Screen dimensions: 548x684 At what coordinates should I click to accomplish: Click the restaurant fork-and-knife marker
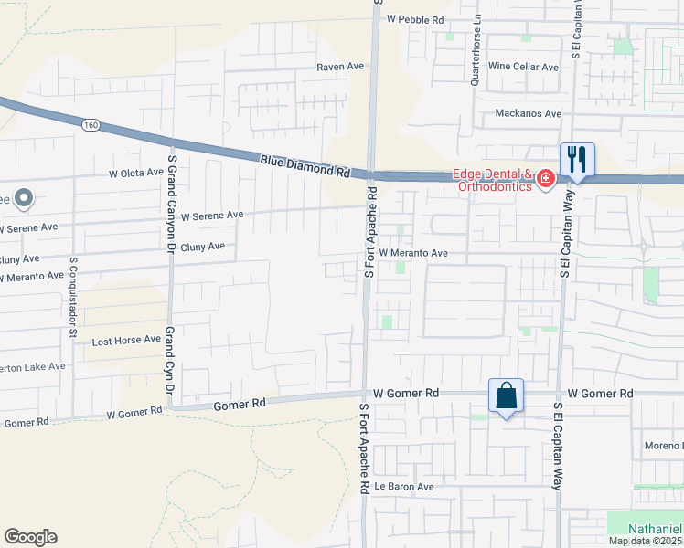(577, 160)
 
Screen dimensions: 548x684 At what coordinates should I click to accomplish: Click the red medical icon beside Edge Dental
(546, 179)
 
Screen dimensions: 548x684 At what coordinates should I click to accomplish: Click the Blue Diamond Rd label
(305, 165)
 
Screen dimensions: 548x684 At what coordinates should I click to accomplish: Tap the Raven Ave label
(340, 68)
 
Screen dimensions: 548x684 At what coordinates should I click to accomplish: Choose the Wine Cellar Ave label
(523, 67)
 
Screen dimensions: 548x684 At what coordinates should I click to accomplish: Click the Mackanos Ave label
(528, 113)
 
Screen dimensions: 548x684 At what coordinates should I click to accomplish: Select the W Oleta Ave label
(136, 173)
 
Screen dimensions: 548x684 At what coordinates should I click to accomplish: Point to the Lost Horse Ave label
(127, 341)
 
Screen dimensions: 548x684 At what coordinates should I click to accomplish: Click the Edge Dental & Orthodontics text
(494, 180)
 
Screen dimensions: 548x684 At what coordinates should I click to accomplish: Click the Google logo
(30, 537)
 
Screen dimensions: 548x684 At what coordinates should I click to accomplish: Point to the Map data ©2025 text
(646, 541)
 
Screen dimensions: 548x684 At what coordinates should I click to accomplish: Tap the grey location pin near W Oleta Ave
(24, 196)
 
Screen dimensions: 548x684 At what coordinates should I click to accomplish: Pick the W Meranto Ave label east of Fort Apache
(413, 253)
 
